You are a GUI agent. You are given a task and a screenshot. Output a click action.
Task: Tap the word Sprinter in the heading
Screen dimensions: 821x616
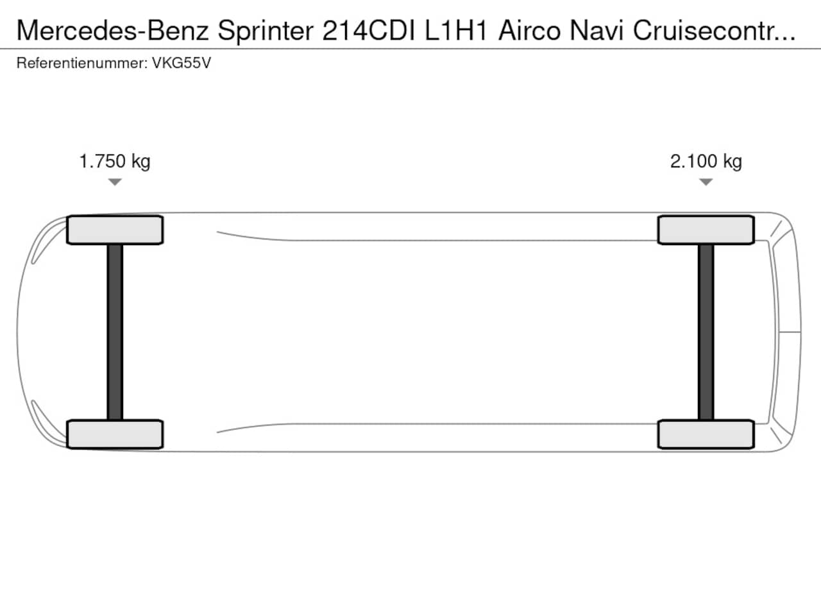(266, 31)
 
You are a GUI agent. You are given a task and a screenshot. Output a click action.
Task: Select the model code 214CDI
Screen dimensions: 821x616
(369, 30)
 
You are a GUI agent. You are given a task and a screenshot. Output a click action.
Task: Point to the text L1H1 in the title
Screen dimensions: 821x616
(456, 30)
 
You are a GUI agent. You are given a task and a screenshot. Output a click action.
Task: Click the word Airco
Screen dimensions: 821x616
(530, 30)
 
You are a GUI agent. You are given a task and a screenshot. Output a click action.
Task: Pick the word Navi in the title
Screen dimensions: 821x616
(597, 30)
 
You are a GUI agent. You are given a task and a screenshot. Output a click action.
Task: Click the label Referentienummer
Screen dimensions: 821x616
(82, 63)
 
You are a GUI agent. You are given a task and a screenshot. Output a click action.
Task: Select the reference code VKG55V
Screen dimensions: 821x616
(182, 63)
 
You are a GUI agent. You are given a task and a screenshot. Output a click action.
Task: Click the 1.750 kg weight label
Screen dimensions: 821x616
(115, 162)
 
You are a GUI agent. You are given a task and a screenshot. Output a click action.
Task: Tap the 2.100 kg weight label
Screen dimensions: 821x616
(706, 162)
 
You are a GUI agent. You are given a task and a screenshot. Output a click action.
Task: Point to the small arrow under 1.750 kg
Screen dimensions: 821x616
(115, 182)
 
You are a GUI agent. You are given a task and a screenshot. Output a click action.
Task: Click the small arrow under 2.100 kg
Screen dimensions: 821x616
(706, 182)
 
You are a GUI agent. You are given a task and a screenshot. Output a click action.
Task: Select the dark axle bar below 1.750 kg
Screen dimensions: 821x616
(115, 332)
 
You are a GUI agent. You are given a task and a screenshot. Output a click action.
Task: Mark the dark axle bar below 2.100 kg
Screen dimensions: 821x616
(706, 332)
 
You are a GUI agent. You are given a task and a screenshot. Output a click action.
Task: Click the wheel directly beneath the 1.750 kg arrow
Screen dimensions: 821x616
(115, 230)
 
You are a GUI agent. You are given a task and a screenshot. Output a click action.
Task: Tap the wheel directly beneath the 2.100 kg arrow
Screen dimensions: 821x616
(706, 230)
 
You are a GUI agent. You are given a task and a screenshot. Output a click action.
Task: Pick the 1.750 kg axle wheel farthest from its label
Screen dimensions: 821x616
(115, 434)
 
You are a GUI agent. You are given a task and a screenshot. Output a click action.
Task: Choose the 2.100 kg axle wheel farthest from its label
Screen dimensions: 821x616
(706, 434)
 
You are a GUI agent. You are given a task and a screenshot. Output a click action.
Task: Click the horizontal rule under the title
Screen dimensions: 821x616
(410, 49)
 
